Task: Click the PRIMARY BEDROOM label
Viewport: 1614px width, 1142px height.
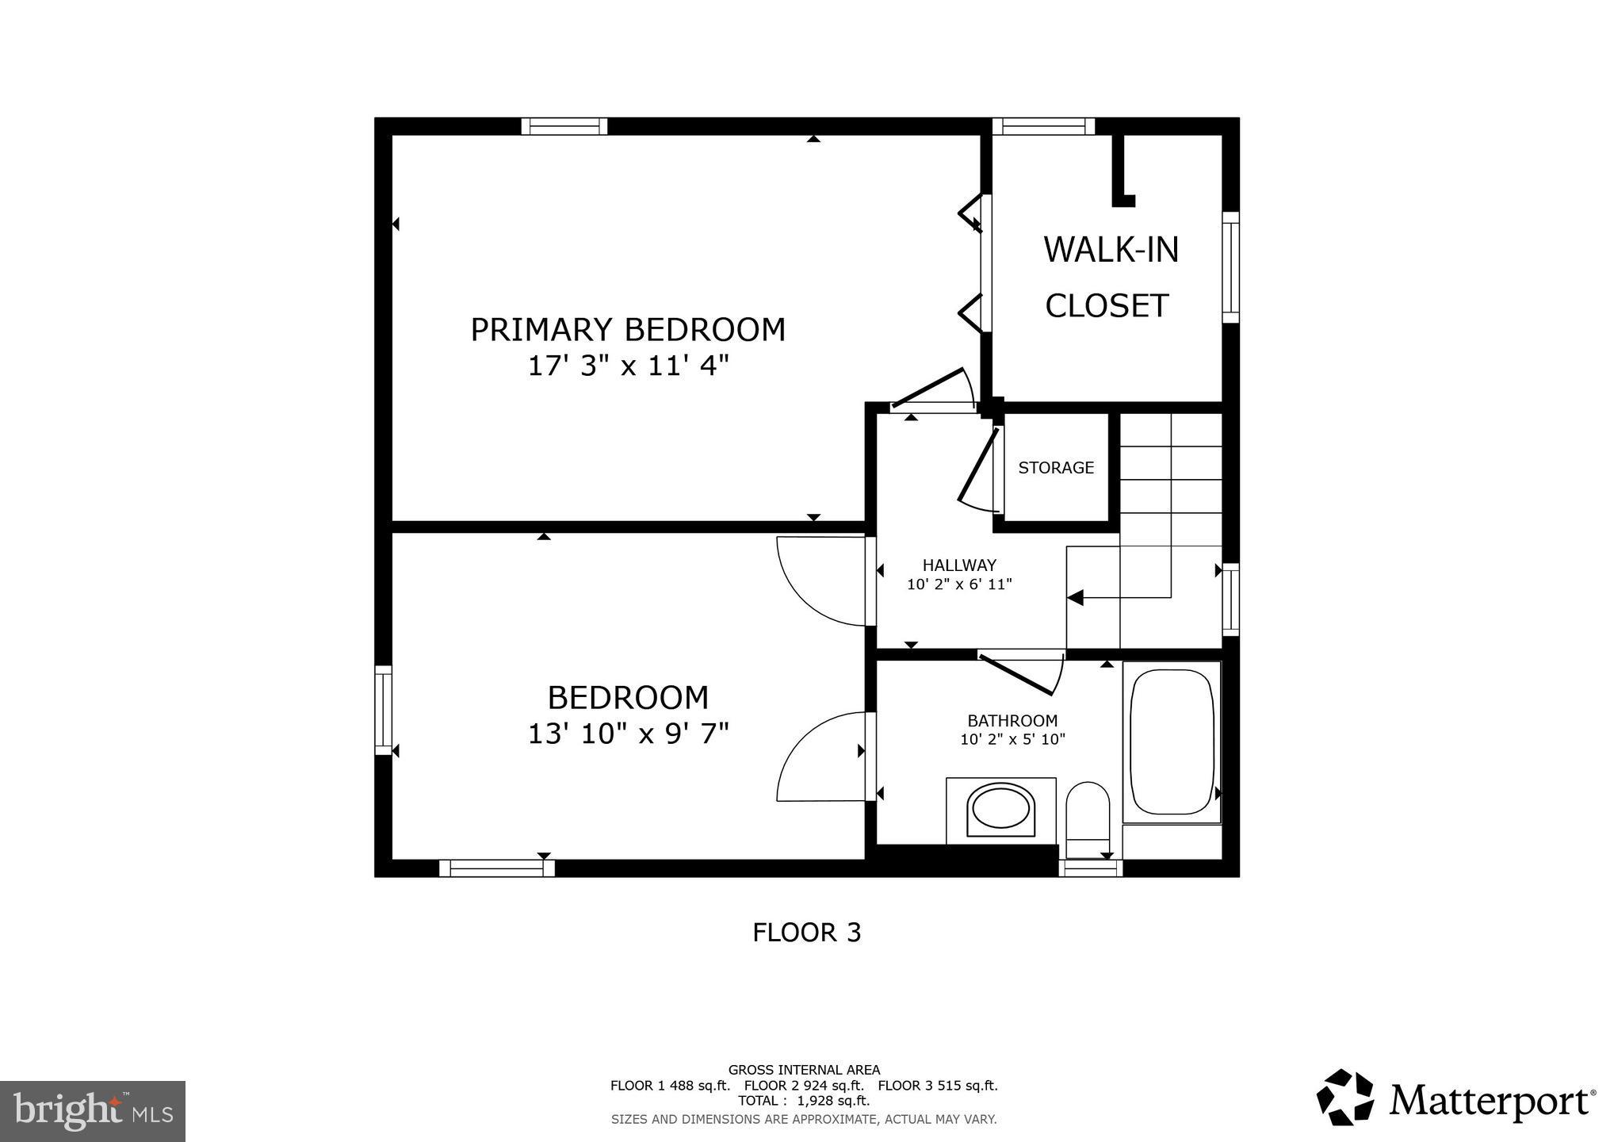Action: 628,330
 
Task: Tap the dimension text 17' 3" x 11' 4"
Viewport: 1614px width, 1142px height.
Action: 628,366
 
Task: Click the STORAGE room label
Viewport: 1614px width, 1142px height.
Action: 1056,468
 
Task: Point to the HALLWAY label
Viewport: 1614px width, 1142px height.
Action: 959,565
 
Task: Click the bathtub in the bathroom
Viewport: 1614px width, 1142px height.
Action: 1172,742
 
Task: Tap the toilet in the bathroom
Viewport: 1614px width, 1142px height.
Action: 1087,817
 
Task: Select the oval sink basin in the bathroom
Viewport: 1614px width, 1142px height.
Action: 1000,810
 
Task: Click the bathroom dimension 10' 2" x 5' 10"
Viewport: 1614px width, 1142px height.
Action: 1012,740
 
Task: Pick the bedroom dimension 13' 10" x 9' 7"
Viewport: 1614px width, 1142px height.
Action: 628,734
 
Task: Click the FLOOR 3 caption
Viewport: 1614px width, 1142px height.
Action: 806,933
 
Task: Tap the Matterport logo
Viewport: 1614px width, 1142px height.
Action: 1455,1098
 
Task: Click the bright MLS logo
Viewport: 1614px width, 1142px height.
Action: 92,1111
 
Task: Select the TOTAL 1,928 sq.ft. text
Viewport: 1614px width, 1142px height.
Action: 804,1101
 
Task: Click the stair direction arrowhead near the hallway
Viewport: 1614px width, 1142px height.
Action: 1076,598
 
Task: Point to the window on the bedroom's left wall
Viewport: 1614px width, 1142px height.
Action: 383,710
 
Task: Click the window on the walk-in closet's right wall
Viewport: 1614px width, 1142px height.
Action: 1230,267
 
